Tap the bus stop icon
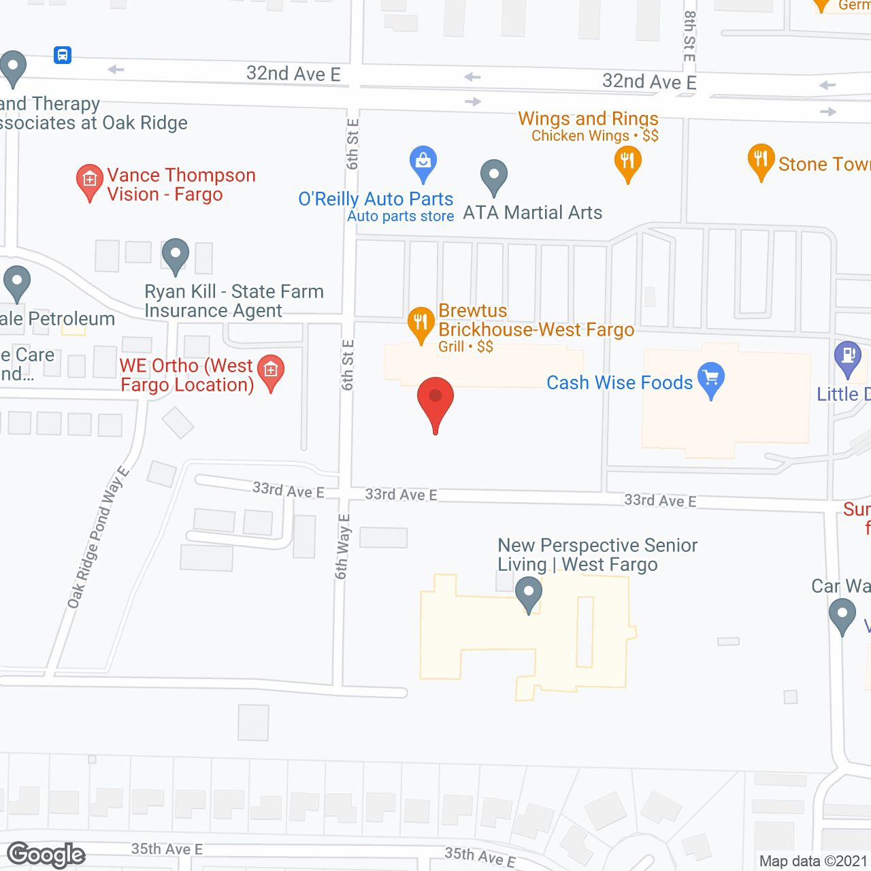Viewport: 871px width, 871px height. coord(63,55)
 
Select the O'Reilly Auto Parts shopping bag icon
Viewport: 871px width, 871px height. coord(423,162)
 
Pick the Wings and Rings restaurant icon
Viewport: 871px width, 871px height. coord(627,162)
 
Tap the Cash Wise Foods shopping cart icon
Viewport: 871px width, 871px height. coord(711,378)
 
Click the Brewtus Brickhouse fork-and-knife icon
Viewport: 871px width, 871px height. coord(421,323)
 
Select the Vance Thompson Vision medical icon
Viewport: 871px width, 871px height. coord(89,181)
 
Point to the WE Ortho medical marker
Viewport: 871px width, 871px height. coord(271,372)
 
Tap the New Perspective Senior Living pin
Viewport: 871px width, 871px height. coord(529,593)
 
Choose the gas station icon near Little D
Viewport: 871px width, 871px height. coord(848,357)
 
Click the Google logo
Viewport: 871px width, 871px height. coord(46,855)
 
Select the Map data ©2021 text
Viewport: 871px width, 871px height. coord(813,861)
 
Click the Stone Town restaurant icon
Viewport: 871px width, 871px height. coord(761,161)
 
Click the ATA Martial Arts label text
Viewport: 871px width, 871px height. coord(532,213)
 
